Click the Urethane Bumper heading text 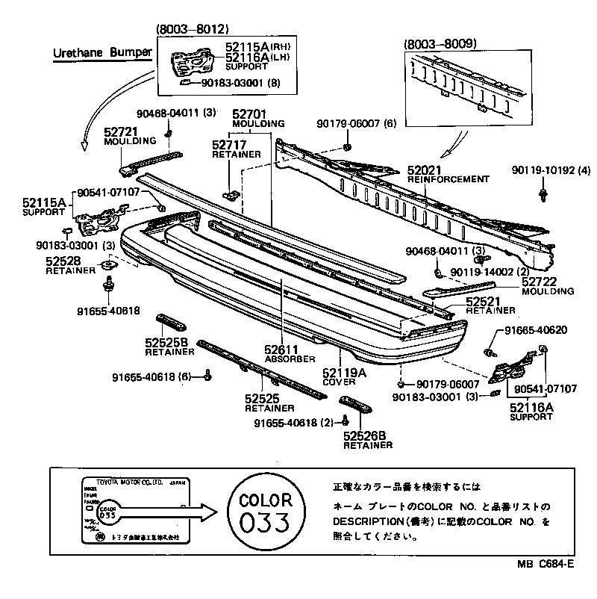tap(102, 53)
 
